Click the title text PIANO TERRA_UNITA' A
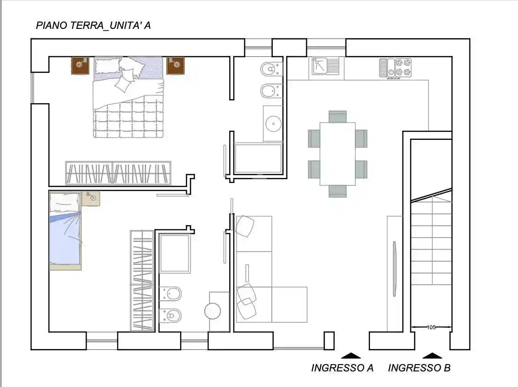coord(93,26)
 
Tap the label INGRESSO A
coord(342,368)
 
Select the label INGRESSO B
coord(419,368)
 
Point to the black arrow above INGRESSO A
coord(351,355)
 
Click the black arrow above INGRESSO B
coord(432,355)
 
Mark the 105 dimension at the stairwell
coord(431,327)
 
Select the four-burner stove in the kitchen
coord(403,67)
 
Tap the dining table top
coord(337,153)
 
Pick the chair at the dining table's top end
coord(337,116)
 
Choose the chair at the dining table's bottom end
coord(337,191)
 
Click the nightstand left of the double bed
coord(80,66)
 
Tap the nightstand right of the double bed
coord(176,66)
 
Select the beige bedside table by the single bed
coord(91,198)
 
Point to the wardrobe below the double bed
coord(118,173)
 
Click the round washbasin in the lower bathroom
coord(213,311)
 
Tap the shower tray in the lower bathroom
coord(175,253)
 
